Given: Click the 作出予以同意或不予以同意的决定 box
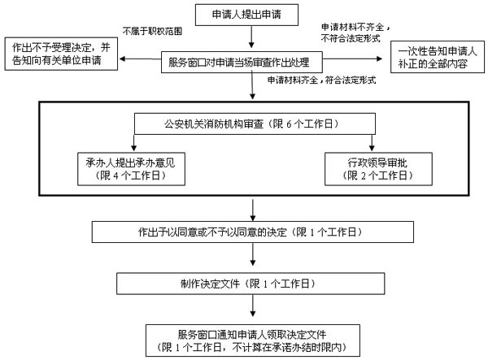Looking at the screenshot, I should click(252, 232).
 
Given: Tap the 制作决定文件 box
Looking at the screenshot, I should click(252, 284).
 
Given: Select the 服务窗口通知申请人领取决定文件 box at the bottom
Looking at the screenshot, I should click(252, 339).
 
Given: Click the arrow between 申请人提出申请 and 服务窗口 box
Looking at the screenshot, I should click(252, 37).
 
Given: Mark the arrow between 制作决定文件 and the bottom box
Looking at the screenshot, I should click(252, 310).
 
